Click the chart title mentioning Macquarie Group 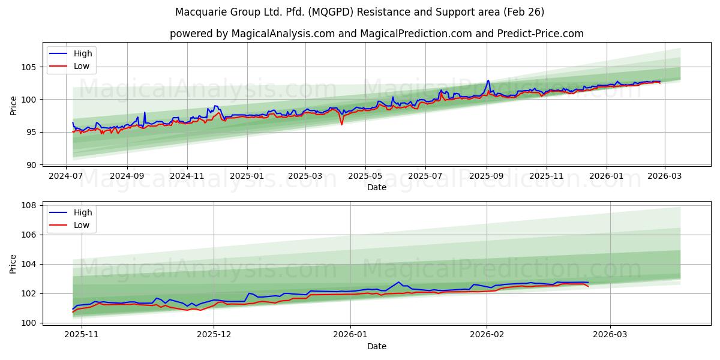coord(360,12)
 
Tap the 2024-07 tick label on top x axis coord(66,176)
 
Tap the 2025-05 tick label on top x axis coord(365,176)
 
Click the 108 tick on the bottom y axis coord(29,205)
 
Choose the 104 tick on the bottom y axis coord(29,264)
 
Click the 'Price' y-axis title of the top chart coord(13,105)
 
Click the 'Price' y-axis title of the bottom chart coord(13,264)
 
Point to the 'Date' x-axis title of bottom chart coord(377,346)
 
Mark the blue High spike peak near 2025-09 coord(488,80)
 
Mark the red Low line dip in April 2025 coord(341,124)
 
